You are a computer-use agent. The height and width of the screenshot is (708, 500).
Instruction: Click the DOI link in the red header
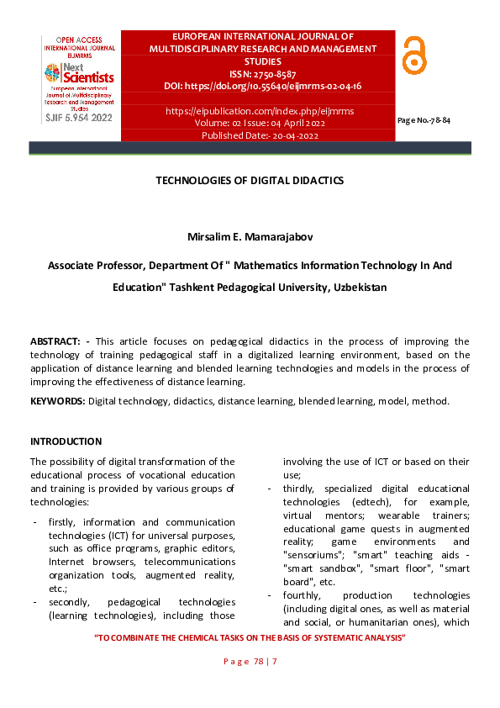[263, 86]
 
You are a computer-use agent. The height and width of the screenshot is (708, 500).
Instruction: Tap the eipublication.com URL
[260, 111]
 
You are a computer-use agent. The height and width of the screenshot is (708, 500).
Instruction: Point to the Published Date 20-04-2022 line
[260, 135]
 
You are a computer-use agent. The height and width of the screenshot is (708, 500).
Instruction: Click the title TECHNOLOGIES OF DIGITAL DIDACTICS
[250, 181]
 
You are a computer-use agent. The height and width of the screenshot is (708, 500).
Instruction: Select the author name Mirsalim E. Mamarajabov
[250, 239]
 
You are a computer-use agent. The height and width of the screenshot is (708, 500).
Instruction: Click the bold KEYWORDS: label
[57, 401]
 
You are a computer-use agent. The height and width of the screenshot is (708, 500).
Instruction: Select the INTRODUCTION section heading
[66, 441]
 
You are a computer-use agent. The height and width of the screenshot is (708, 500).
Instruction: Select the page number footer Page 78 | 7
[250, 663]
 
